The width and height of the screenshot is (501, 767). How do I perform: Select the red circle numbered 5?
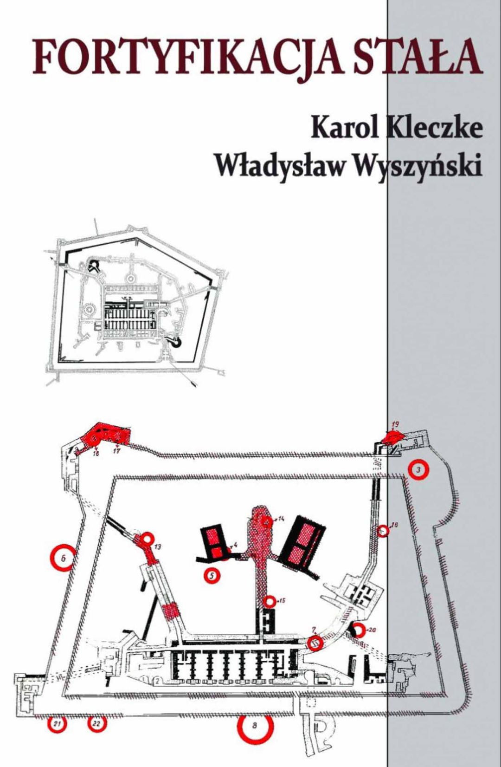tap(212, 576)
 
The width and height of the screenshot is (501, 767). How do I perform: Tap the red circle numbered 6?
tap(63, 559)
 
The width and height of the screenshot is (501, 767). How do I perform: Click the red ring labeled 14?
tap(266, 521)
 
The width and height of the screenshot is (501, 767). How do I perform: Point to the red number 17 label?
tap(117, 451)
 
